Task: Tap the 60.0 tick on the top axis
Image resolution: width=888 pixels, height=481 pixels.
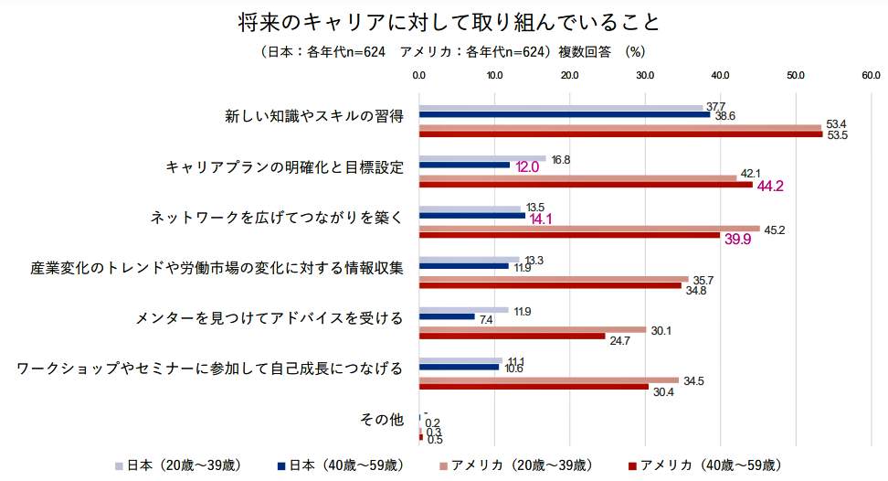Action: tap(870, 75)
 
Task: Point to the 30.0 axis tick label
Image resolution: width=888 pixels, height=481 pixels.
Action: tap(644, 75)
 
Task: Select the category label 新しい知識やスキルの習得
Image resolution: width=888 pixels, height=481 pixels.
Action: tap(314, 116)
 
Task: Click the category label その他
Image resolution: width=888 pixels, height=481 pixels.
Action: tap(382, 420)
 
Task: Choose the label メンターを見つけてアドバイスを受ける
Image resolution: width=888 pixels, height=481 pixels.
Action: tap(270, 318)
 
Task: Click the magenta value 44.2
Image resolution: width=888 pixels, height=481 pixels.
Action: tap(771, 186)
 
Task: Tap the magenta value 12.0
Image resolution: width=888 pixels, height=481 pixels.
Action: tap(527, 167)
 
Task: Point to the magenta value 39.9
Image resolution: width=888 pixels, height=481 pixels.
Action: tap(737, 239)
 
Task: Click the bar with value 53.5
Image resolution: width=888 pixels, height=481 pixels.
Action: tap(620, 134)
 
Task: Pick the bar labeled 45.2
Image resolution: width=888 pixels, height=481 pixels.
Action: tap(588, 229)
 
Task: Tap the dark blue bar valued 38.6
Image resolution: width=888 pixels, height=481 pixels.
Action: tap(564, 114)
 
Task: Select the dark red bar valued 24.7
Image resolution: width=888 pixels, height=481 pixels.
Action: tap(512, 336)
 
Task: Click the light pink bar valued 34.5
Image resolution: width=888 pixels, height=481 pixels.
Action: tap(548, 379)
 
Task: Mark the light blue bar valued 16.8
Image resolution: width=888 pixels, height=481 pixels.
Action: tap(481, 158)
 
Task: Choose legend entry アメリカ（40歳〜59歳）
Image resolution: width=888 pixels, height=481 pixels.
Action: tap(703, 465)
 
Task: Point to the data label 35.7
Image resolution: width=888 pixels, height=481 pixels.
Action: tap(703, 280)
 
